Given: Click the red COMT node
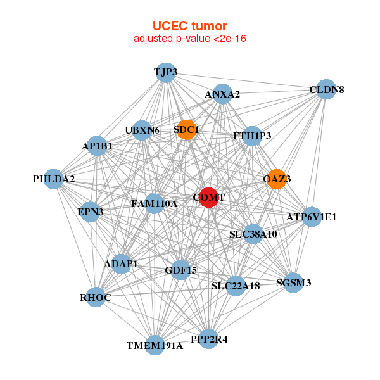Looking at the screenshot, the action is tap(208, 197).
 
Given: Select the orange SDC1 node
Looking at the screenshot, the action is tap(186, 130).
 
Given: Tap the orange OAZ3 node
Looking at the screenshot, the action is tap(276, 179).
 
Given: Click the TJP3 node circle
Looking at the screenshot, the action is tap(165, 72).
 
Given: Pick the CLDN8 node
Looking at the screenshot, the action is tap(326, 89).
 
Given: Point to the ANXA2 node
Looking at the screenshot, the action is tap(222, 94).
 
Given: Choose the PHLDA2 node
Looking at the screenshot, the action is tap(54, 179).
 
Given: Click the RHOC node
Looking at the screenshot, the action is tap(96, 297).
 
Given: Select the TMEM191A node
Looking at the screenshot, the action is tap(155, 345).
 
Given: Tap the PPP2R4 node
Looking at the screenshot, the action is tap(210, 339).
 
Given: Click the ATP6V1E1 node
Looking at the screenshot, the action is tap(311, 217).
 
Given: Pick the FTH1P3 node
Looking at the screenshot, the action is tap(252, 136).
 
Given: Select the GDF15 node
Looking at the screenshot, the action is tap(181, 270).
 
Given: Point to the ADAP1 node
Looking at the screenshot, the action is tap(121, 263).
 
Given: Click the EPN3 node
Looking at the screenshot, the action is tap(91, 211).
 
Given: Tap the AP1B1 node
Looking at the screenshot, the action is tap(97, 146).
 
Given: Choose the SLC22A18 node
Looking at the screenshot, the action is tap(236, 286).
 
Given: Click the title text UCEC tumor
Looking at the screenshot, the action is tap(189, 26).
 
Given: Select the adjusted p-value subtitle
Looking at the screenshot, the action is tap(189, 39).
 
